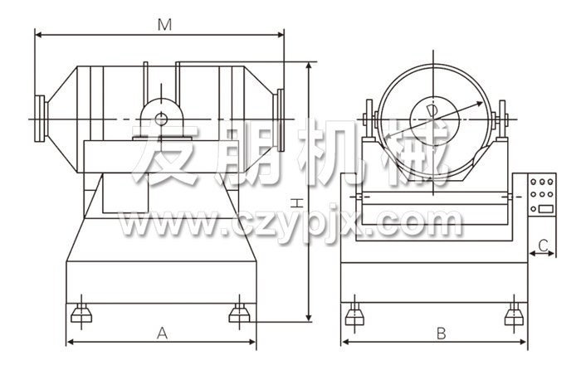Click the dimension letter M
(164, 25)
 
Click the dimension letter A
(162, 333)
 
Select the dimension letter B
(441, 333)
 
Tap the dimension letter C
(543, 246)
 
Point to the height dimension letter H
(297, 203)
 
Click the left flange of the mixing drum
(40, 119)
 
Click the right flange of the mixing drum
(280, 120)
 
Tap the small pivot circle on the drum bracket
(161, 119)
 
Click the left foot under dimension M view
(81, 313)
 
